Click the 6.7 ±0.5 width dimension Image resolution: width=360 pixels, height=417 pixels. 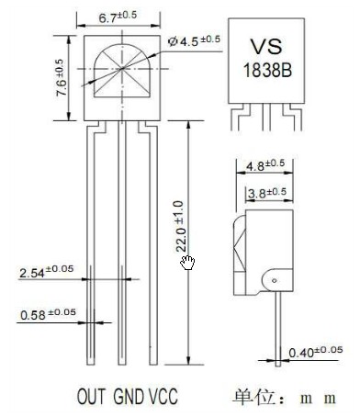[118, 17]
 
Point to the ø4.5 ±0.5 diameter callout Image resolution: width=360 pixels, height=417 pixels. [194, 40]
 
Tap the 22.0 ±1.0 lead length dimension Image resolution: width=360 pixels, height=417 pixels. [180, 226]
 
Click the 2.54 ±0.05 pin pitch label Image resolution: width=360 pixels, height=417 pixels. [47, 271]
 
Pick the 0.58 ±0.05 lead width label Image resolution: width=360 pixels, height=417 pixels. [48, 314]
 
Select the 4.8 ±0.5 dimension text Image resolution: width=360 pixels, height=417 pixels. [265, 165]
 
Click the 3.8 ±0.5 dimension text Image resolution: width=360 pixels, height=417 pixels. [267, 193]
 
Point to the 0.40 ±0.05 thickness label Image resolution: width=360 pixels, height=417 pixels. [316, 352]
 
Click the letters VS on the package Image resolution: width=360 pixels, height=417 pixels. [266, 47]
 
